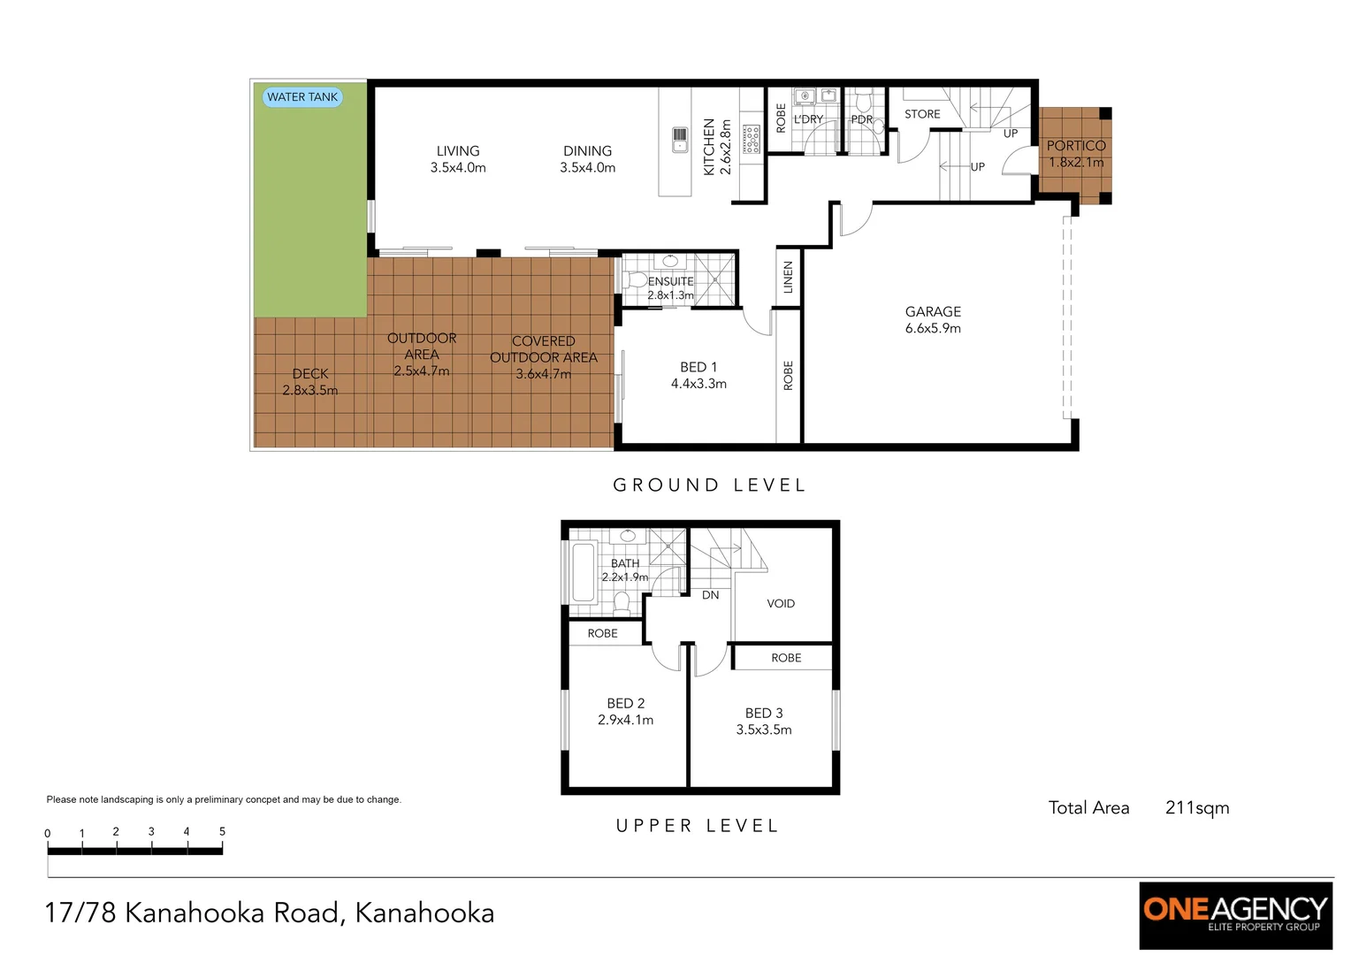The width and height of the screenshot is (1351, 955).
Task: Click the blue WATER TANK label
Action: pos(302,97)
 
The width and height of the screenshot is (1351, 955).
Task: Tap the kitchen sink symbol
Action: pos(679,140)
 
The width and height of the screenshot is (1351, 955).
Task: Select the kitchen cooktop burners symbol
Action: pos(752,139)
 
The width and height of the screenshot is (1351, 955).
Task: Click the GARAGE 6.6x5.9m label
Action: pos(933,319)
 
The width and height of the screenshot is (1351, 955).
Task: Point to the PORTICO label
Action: pos(1075,146)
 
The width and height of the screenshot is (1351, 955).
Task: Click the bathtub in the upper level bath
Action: pos(583,572)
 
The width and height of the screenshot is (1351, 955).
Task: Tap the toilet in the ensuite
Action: pos(635,280)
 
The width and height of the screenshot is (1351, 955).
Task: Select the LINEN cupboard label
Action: pos(788,278)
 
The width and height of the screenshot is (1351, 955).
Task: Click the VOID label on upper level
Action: pos(780,603)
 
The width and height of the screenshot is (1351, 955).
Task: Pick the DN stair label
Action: pos(710,595)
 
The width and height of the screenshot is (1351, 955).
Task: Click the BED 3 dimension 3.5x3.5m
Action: pos(764,730)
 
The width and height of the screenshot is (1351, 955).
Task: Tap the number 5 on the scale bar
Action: pos(222,831)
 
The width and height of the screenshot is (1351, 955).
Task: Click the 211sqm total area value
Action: pos(1196,807)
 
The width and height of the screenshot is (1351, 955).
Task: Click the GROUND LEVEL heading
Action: pos(709,485)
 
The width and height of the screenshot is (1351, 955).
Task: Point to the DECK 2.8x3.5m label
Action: pos(309,382)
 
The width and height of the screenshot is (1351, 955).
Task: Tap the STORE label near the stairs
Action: pos(922,114)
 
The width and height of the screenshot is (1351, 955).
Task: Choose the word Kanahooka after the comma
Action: pos(424,913)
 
